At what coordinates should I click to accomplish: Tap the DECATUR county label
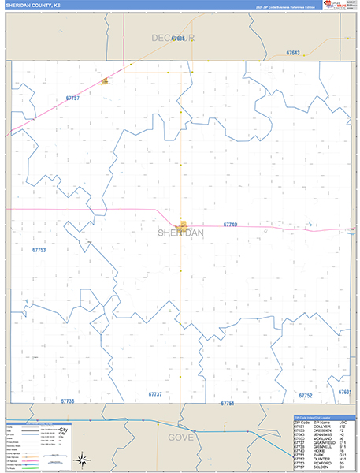[x=173, y=37]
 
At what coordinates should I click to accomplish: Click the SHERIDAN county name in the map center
[x=180, y=233]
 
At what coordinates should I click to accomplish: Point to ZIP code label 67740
[x=230, y=225]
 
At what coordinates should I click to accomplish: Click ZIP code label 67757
[x=72, y=98]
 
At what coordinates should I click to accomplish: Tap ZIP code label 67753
[x=39, y=250]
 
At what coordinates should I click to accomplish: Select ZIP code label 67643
[x=293, y=53]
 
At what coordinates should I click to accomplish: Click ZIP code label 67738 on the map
[x=66, y=400]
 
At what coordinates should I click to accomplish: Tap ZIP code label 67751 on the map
[x=228, y=403]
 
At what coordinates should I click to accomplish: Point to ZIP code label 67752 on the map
[x=306, y=395]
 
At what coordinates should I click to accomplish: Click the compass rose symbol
[x=81, y=459]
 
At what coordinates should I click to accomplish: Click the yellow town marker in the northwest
[x=104, y=80]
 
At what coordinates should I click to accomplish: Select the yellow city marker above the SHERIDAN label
[x=182, y=224]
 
